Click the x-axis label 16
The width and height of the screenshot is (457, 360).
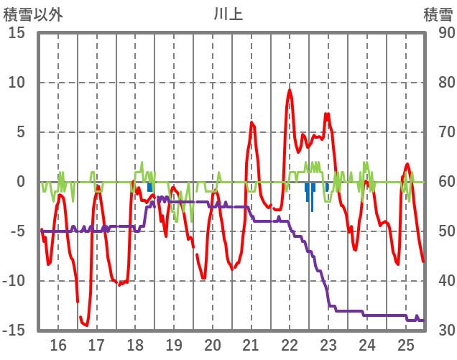click(58, 344)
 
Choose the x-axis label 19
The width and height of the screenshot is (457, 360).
click(174, 344)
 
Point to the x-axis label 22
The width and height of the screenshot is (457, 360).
click(290, 344)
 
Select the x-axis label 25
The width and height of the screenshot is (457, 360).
click(406, 344)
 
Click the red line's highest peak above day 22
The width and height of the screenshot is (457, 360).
click(290, 90)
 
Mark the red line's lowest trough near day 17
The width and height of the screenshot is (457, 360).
click(86, 325)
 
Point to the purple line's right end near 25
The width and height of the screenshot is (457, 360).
click(423, 320)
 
